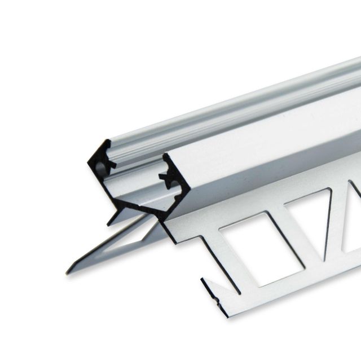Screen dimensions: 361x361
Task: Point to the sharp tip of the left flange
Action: point(67,271)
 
